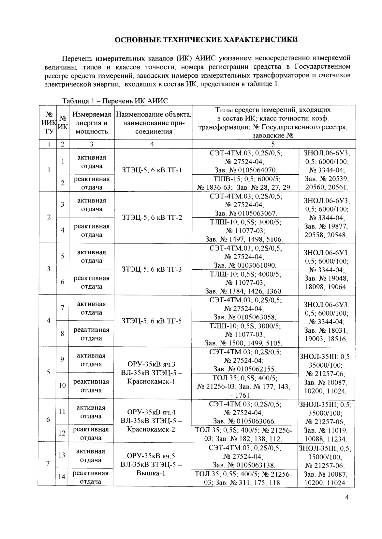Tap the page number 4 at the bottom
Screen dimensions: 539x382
point(346,498)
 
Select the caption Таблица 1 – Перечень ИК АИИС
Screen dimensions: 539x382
point(115,101)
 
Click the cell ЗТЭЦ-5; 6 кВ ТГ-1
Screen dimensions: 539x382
point(152,170)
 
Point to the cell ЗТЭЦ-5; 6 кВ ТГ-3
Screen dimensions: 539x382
point(152,269)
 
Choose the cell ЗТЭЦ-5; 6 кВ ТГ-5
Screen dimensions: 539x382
point(152,321)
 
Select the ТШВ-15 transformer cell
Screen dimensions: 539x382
point(245,183)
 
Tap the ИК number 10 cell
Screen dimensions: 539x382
point(62,386)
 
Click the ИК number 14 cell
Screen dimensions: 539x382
point(62,477)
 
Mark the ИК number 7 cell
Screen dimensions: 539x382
point(62,308)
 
